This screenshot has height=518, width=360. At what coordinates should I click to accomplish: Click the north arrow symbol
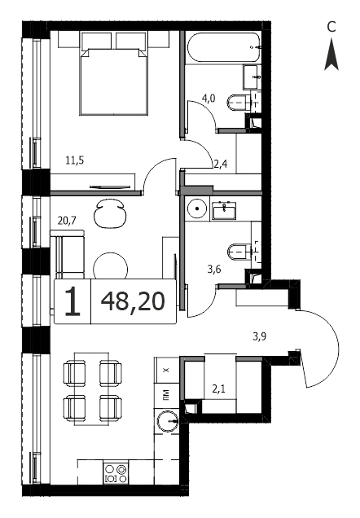coord(331,55)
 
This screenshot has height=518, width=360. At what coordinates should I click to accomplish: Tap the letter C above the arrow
coord(331,27)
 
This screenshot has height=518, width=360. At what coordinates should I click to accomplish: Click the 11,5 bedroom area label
coord(75,160)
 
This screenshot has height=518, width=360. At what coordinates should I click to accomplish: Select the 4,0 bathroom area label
coord(209,99)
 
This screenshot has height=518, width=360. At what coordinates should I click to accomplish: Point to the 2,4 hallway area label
coord(220,164)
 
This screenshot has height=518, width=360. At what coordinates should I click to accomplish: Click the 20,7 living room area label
coord(67,221)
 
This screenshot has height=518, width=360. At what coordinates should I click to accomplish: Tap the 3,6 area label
coord(214,270)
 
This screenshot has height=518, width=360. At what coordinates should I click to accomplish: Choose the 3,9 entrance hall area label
coord(260,336)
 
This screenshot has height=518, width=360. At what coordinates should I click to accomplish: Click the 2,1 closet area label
coord(218,389)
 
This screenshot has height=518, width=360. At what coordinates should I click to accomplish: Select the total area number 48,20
coord(133,301)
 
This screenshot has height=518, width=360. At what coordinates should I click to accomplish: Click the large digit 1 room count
coord(72,301)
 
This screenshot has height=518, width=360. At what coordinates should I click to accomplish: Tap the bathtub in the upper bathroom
coord(224,47)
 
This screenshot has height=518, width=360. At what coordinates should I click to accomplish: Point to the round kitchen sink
coord(167,421)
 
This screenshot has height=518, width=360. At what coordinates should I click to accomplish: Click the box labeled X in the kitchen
coord(166,371)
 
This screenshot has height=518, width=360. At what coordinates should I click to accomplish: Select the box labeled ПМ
coord(166,396)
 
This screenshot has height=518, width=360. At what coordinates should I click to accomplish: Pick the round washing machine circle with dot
coord(197,209)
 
